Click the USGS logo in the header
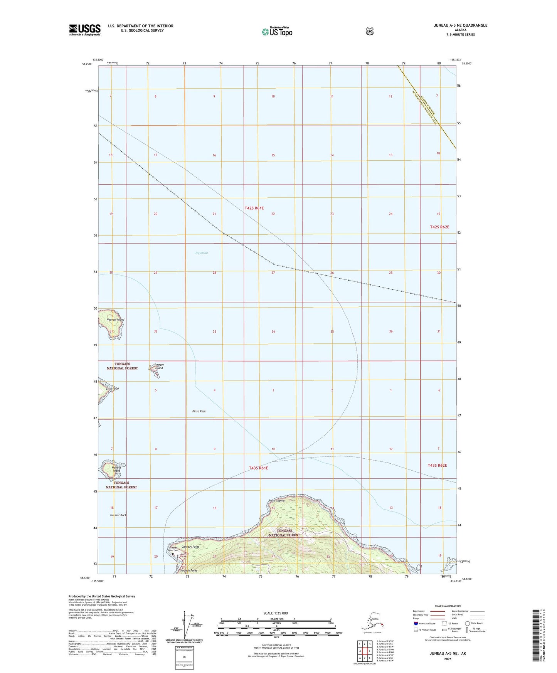85,30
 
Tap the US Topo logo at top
277,32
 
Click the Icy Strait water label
202,253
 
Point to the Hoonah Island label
115,320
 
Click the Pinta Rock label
199,411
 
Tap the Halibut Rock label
118,515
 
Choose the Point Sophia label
277,501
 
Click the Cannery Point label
190,547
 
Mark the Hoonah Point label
188,570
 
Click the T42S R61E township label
254,208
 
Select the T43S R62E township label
437,465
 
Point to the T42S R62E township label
439,227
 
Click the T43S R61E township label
258,468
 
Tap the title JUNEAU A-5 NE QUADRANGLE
460,25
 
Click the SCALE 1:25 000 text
275,613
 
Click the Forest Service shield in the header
370,31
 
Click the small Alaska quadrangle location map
372,621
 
